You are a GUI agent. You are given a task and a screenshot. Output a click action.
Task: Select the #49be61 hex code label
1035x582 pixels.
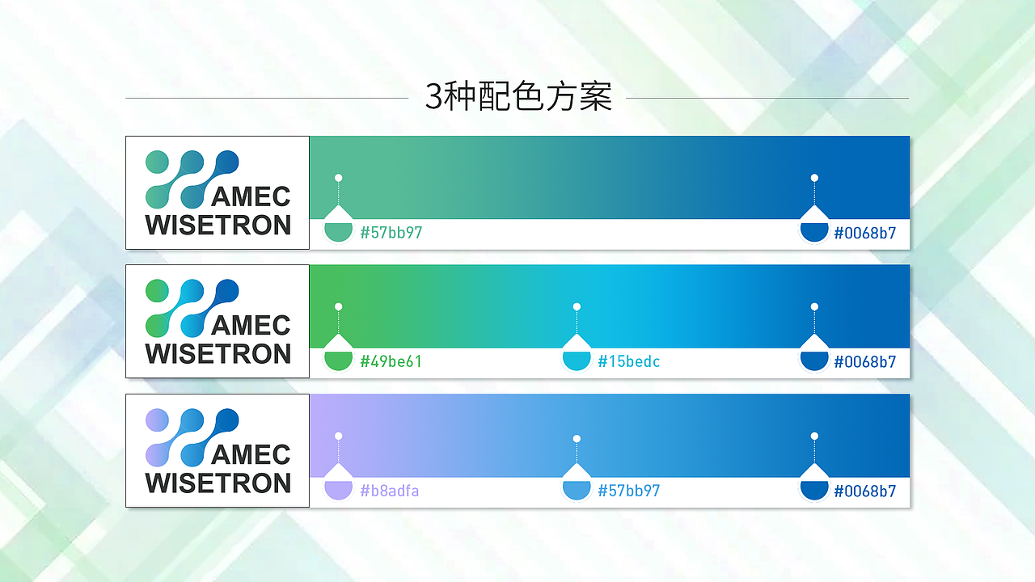click(391, 361)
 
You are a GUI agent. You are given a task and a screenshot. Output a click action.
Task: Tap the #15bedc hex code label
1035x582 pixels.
click(628, 361)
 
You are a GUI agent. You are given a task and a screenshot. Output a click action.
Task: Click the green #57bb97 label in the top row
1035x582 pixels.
click(391, 233)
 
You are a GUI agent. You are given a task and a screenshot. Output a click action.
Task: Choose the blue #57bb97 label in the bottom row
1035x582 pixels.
click(628, 491)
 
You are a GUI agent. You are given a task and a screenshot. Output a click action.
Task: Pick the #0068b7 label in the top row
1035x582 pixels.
click(864, 233)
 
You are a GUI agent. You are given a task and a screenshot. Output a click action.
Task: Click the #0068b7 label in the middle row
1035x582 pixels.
click(864, 361)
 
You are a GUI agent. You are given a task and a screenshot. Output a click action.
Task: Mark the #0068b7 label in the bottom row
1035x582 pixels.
click(864, 491)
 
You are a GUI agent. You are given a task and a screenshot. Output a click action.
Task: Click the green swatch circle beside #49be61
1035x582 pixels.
click(338, 358)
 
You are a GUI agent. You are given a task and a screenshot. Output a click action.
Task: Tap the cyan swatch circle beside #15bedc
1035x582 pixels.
click(577, 358)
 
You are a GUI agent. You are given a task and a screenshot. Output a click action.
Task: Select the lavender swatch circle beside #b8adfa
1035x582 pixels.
click(338, 487)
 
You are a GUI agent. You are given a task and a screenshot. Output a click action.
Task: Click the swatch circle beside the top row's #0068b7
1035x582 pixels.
click(814, 230)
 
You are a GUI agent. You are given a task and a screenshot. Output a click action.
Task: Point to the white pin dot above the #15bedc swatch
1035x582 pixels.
click(577, 307)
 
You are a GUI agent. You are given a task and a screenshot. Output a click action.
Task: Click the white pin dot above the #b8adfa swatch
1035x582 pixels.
click(338, 436)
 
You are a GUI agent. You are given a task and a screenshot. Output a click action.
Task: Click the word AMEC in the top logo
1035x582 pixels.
click(251, 196)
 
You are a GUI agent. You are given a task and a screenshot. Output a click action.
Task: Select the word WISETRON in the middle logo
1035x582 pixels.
click(218, 354)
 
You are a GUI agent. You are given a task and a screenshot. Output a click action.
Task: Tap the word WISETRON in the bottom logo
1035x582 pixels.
click(218, 483)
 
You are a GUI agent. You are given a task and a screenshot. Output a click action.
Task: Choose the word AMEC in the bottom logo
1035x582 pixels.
click(251, 454)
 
